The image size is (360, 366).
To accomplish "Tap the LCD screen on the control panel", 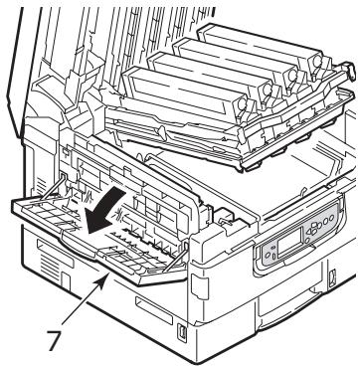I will pos(281,251).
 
